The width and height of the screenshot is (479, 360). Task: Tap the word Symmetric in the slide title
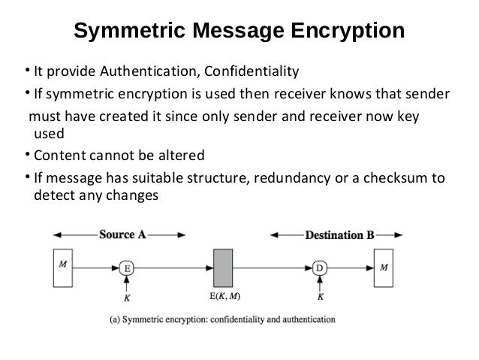coord(130,32)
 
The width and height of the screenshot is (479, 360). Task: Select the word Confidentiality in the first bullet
coord(250,72)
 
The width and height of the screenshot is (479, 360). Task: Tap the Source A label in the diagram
coord(122,234)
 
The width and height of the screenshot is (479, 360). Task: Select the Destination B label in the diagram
coord(339,234)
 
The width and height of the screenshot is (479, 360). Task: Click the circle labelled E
coord(128,267)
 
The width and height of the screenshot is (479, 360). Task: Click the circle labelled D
coord(321,267)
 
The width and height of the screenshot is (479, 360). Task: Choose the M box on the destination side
coord(385,267)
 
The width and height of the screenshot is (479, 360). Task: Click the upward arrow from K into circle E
coord(128,283)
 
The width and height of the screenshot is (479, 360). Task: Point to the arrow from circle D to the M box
coord(350,267)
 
